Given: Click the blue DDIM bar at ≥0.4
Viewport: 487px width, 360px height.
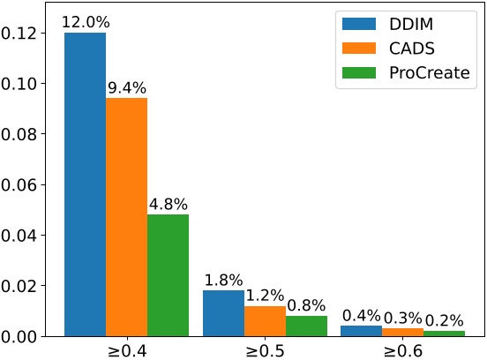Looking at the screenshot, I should click(85, 184).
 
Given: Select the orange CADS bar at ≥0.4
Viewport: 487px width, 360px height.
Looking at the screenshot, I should click(126, 217).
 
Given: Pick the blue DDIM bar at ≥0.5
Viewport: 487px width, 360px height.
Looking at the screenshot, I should click(223, 313).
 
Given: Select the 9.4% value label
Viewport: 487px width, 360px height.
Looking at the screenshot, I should click(126, 88).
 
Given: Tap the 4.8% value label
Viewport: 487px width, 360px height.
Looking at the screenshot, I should click(168, 205).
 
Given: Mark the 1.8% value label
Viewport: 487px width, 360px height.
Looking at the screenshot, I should click(223, 281).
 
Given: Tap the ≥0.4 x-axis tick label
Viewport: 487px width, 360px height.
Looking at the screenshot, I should click(126, 349).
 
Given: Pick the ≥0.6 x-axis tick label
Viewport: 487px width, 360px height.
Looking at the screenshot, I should click(403, 349).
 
